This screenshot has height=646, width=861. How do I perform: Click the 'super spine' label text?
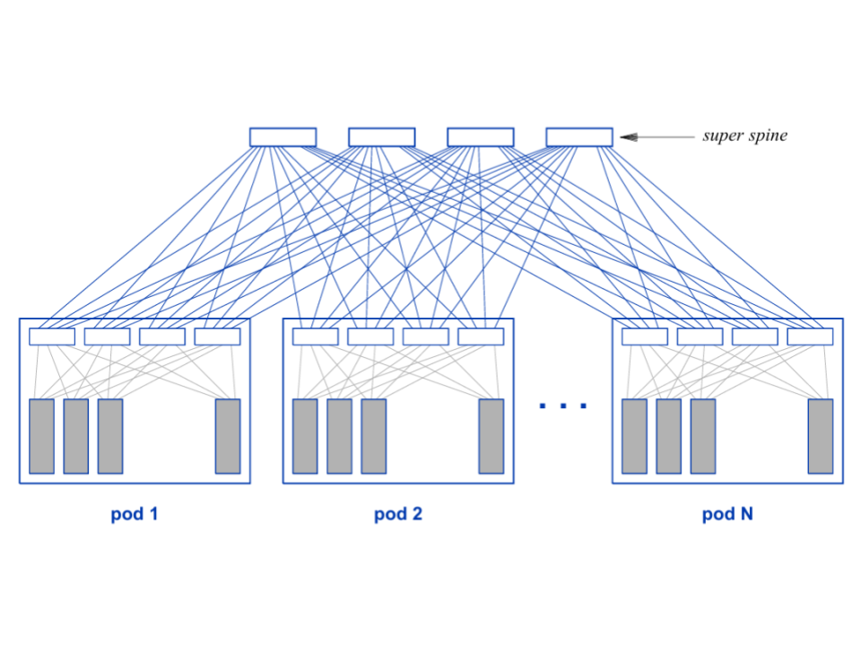click(744, 136)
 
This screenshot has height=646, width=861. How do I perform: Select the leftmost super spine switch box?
click(283, 137)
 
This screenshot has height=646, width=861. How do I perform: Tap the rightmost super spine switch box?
click(579, 137)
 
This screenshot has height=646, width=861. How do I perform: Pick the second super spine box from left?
click(381, 137)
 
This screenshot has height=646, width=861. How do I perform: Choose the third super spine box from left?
click(481, 137)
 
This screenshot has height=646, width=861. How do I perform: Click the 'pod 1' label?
click(135, 515)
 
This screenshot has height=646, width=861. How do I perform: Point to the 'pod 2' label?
click(398, 515)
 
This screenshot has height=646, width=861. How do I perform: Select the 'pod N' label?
click(727, 515)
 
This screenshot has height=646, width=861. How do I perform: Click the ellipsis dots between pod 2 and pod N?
click(563, 406)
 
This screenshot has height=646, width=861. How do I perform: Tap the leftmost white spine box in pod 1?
click(52, 336)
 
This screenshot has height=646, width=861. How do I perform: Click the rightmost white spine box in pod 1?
click(217, 336)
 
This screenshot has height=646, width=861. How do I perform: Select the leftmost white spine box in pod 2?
click(316, 336)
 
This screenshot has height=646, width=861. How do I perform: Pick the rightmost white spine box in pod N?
click(810, 336)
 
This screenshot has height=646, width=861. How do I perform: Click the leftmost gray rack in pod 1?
click(41, 436)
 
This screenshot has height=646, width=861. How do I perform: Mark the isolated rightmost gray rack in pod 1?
click(228, 436)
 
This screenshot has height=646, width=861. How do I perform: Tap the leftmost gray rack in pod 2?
click(305, 436)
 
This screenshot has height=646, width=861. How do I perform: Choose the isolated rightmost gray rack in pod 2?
click(491, 436)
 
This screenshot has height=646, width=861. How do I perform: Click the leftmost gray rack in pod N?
click(634, 436)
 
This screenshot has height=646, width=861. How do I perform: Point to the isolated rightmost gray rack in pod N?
click(821, 436)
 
